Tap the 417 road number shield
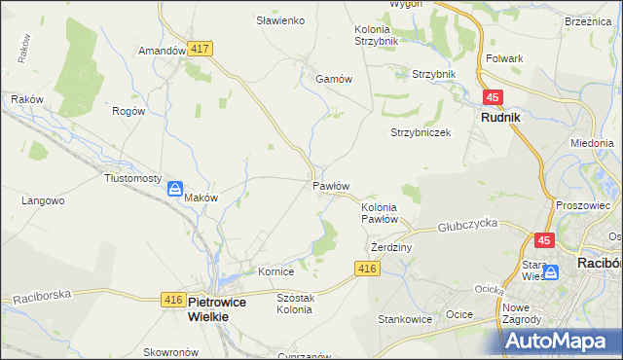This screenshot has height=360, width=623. coord(201,48)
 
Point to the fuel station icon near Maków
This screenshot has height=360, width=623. coord(175,190)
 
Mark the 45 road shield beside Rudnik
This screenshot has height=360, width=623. coord(493,97)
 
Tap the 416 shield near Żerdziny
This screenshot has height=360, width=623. coord(367,269)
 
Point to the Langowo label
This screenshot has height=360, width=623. coord(43,201)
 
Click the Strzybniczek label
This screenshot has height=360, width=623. coord(421,132)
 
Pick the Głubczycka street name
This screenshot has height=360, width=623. coord(467,223)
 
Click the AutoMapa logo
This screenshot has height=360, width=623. coord(564,341)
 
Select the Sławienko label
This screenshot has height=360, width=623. coord(280,20)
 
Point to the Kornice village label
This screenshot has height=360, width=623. coord(275,271)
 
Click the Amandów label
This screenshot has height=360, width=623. coord(162,51)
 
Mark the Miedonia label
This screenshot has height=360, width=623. coord(592,143)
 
